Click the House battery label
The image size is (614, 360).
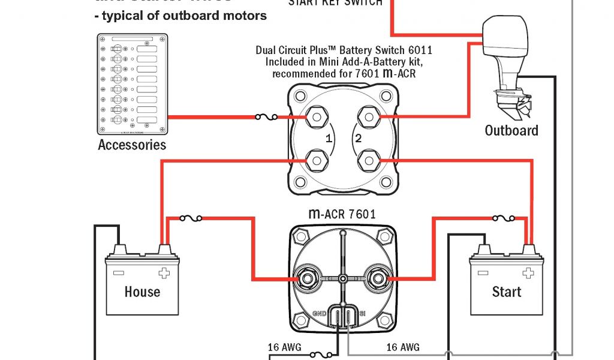142,292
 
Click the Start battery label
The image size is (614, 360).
507,292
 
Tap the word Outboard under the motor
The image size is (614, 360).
511,130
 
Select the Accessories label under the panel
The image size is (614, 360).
132,145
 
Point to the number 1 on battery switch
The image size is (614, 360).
328,139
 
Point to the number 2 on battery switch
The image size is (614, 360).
358,139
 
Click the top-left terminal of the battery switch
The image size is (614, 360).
316,117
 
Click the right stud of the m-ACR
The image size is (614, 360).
378,278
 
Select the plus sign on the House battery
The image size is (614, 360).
163,274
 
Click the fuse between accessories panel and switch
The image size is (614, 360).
266,117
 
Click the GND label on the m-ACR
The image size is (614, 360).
319,313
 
